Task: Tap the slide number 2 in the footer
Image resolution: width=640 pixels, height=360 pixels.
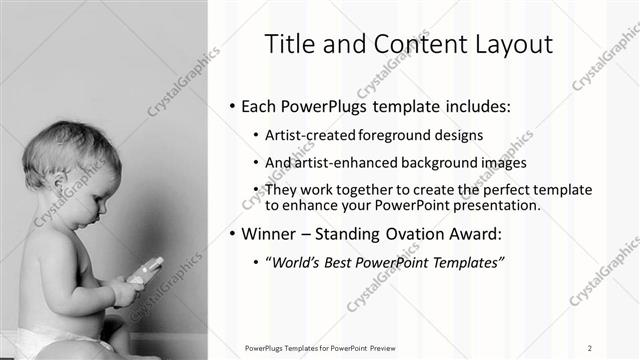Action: [590, 347]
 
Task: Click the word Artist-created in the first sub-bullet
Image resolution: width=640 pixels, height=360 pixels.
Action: [307, 135]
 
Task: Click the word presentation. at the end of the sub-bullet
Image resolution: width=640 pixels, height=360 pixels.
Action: [497, 205]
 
